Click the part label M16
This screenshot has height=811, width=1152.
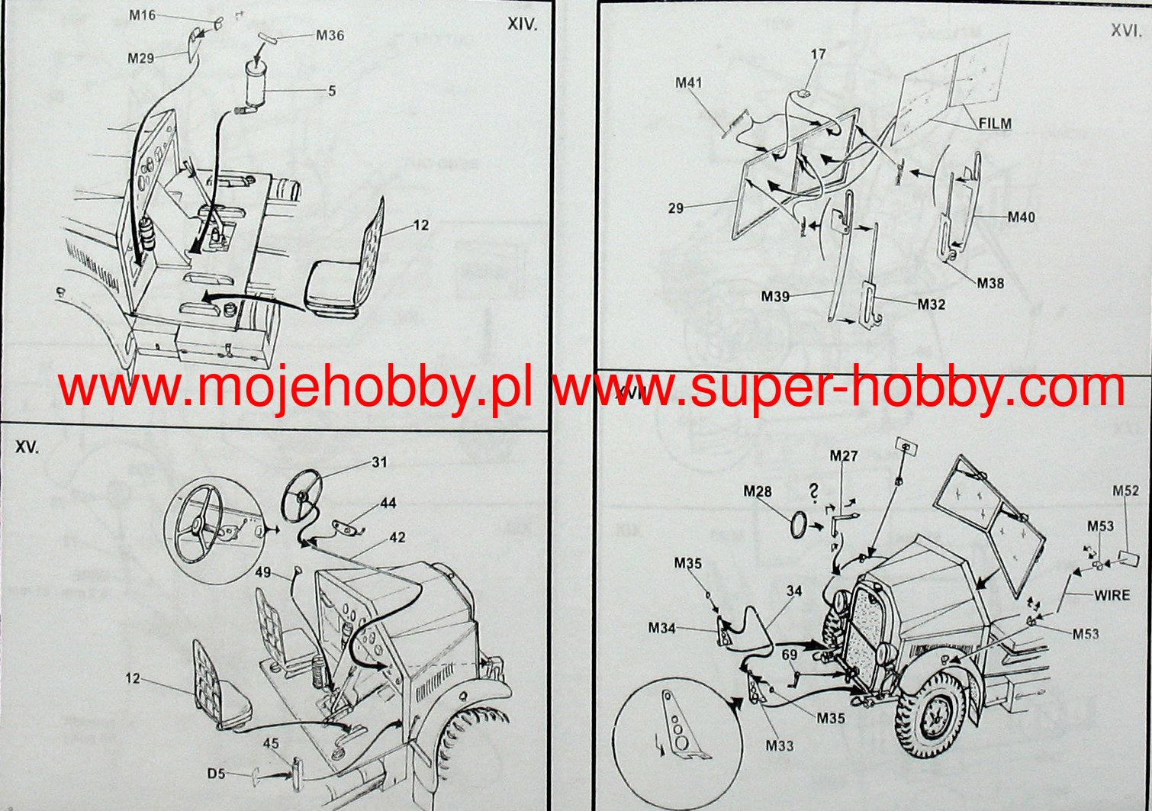pos(143,15)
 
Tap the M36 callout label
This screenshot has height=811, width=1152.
pos(330,35)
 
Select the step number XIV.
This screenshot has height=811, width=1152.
pos(523,24)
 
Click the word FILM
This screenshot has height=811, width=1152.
pos(995,123)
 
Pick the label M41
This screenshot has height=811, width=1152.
pos(688,82)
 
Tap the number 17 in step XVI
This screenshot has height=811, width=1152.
pos(818,54)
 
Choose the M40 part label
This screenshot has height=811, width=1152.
pos(1022,217)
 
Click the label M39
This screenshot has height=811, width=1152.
pos(775,296)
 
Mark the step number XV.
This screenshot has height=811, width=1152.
pos(27,448)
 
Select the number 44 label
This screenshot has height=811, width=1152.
pos(388,504)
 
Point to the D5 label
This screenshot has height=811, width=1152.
pos(216,774)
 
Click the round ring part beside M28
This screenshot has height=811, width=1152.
pos(800,523)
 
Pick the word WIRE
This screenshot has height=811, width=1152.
pos(1112,594)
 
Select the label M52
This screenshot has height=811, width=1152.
pos(1125,491)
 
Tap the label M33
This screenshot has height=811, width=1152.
pos(780,745)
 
